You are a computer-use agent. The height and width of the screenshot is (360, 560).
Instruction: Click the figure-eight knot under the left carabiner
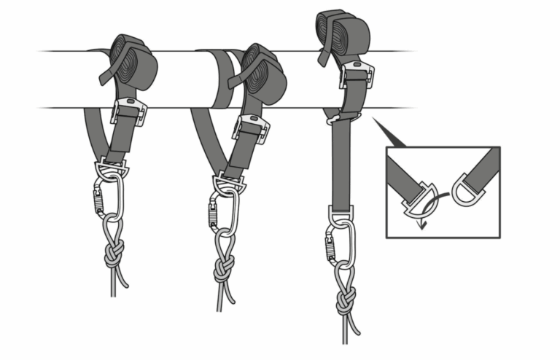tap(113, 256)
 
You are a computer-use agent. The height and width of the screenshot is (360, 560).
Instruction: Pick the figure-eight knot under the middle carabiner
tap(223, 270)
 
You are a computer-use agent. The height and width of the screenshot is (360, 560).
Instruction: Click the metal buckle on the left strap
tap(128, 111)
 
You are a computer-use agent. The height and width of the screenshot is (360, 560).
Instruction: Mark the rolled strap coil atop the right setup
tap(341, 31)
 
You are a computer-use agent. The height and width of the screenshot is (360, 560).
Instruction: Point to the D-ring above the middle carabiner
tap(230, 183)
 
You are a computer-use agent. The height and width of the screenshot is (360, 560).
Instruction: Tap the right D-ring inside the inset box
tap(464, 189)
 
